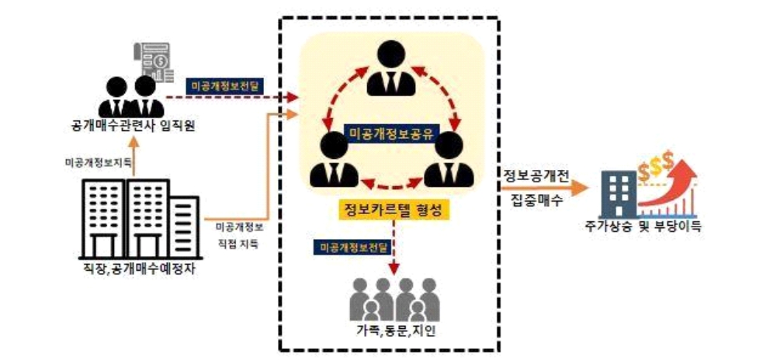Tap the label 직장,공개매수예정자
point(139,268)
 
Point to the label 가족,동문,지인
point(394,332)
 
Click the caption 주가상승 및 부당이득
point(643,227)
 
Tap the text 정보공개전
point(536,177)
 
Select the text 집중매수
point(534,200)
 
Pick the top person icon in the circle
point(390,68)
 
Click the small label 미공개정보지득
point(99,163)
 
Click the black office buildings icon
point(141,219)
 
